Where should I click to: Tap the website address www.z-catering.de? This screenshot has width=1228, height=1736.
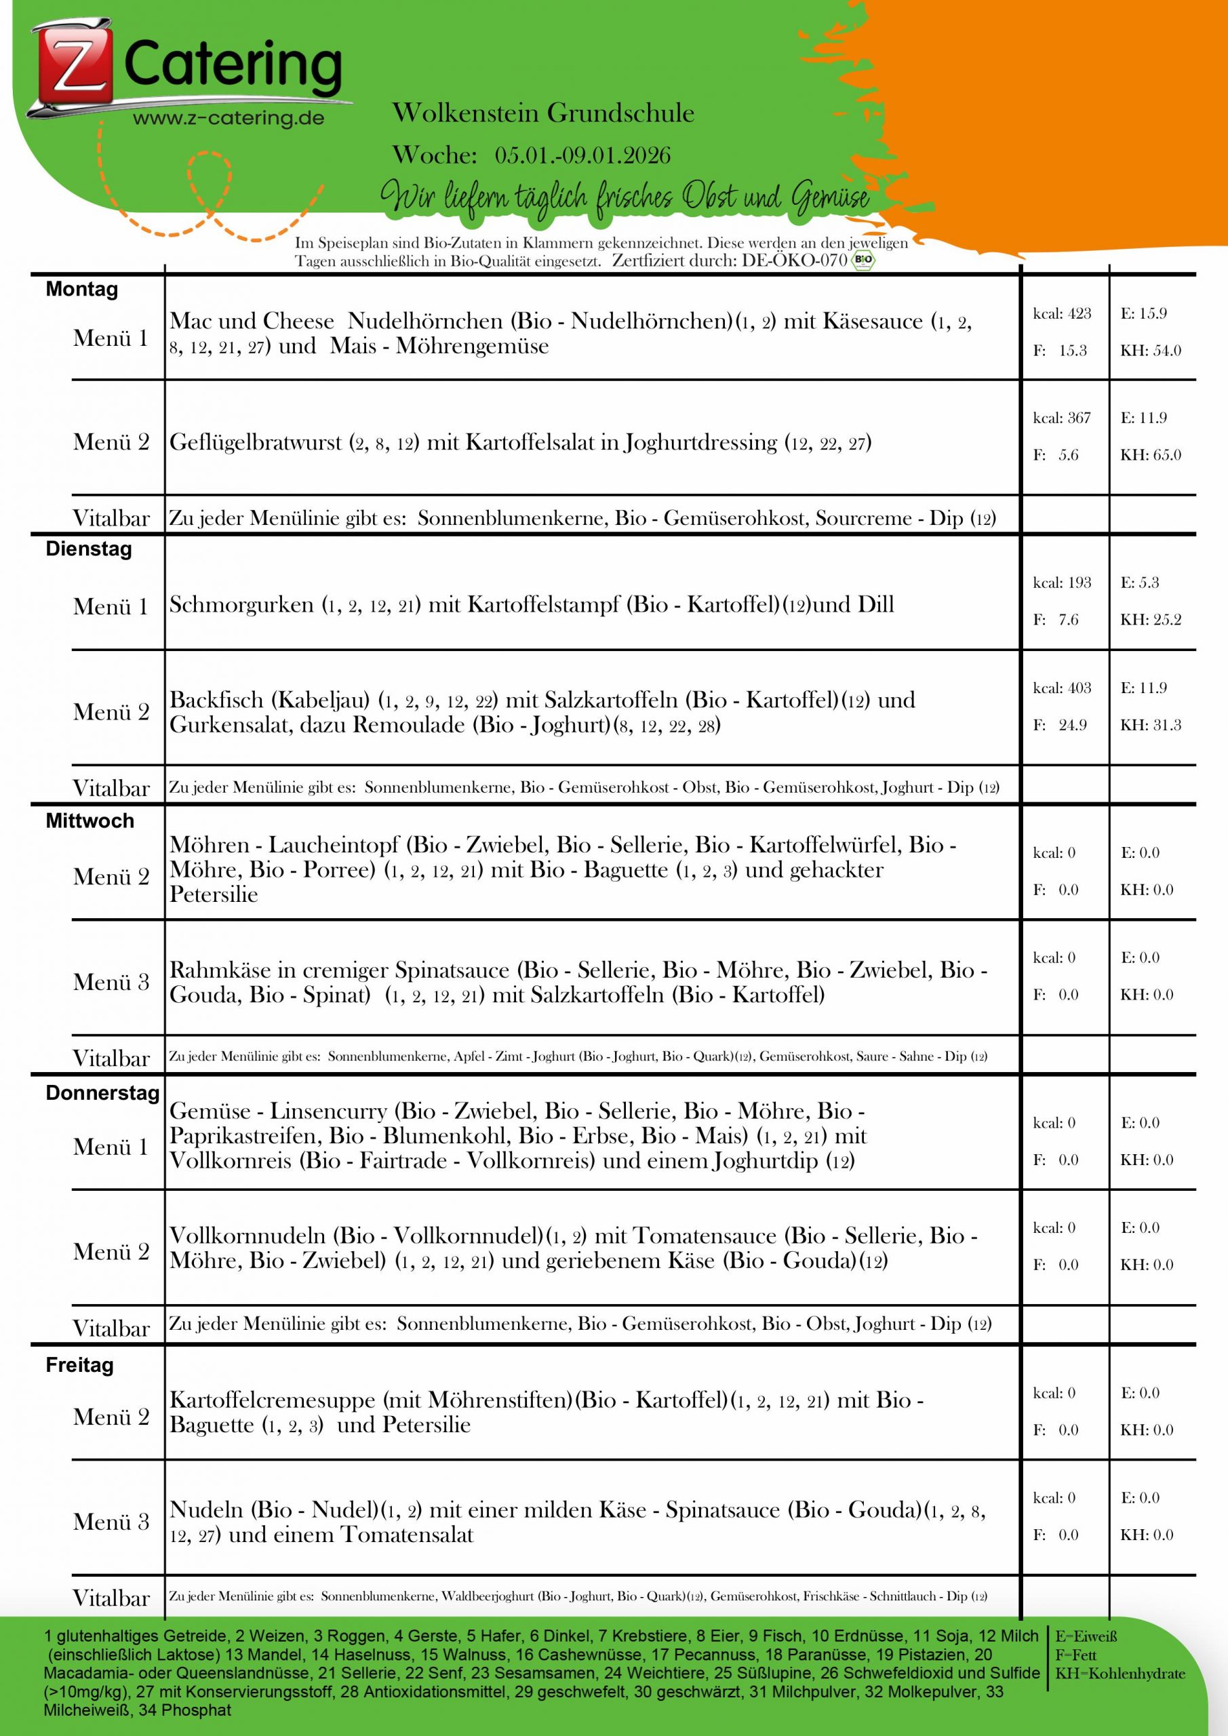point(229,119)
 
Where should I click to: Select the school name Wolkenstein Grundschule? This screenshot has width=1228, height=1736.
point(543,113)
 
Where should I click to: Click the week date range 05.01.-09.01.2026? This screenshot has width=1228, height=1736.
point(582,155)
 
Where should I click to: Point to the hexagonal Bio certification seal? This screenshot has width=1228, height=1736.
point(863,261)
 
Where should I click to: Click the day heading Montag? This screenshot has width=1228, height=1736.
point(81,290)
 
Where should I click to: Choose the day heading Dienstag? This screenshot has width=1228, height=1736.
point(88,549)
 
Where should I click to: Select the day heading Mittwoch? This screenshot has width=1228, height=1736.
point(90,821)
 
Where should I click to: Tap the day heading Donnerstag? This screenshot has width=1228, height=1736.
point(102,1092)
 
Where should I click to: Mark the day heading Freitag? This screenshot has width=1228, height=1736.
point(79,1365)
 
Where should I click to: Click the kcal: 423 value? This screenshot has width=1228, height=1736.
point(1062,314)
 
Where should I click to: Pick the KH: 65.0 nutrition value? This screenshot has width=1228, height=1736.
point(1150,455)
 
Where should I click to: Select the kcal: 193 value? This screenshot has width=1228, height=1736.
point(1062,583)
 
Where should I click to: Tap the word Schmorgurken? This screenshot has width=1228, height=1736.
point(241,605)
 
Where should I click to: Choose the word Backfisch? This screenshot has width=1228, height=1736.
point(217,699)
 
